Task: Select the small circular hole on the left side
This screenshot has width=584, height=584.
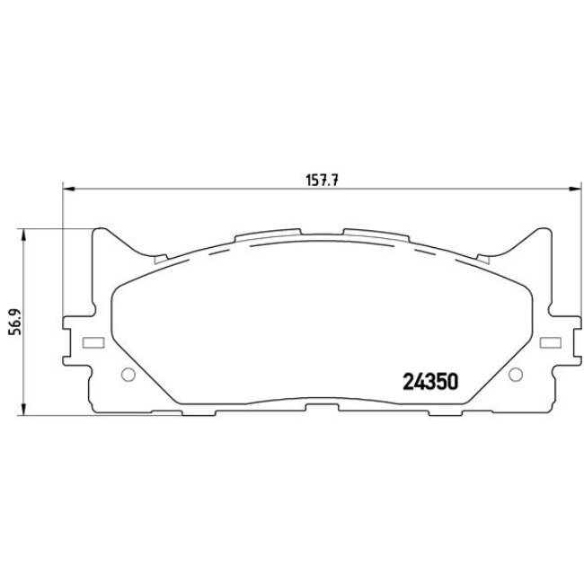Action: (x=127, y=376)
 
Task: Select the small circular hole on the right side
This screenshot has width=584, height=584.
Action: (x=515, y=376)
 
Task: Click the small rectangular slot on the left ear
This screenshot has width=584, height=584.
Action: (x=89, y=343)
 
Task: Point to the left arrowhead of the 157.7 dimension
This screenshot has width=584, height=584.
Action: (x=66, y=189)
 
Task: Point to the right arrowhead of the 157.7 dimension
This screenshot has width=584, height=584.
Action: (x=576, y=189)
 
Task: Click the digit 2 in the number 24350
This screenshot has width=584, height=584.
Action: (x=403, y=380)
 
